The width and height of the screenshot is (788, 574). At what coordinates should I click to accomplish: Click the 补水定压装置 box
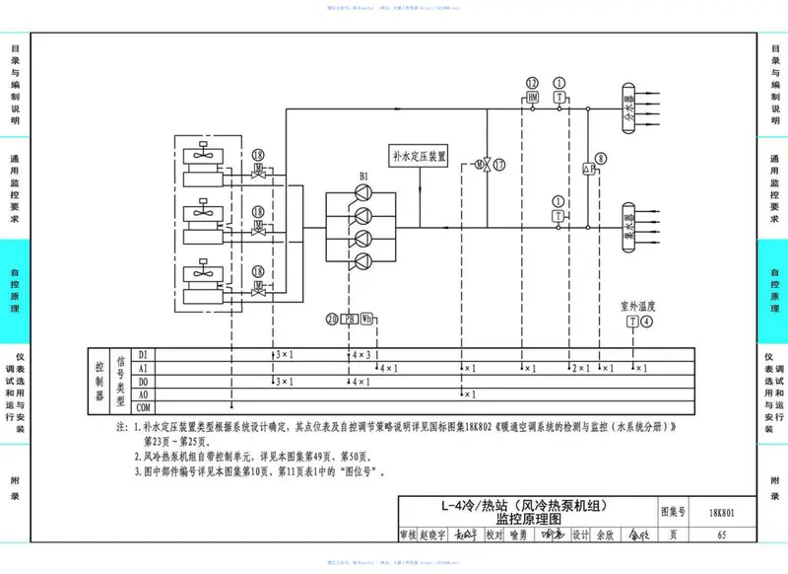click(x=419, y=156)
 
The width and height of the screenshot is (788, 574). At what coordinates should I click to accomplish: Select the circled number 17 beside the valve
click(x=500, y=164)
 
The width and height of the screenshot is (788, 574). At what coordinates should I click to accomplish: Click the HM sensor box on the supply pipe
click(x=532, y=99)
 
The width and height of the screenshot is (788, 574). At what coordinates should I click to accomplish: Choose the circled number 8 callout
click(x=600, y=156)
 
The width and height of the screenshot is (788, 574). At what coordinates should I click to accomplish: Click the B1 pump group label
click(x=363, y=177)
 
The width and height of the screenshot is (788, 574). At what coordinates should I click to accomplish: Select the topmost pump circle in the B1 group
click(x=364, y=194)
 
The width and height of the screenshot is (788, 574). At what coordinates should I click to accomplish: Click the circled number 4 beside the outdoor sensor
click(x=646, y=321)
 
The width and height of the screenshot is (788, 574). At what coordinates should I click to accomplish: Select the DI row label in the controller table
click(x=142, y=354)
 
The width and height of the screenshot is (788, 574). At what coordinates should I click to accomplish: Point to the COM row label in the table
click(x=142, y=406)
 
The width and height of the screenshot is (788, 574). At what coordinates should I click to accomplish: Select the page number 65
click(x=722, y=535)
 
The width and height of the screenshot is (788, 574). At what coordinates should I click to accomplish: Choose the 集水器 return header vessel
click(x=628, y=222)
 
